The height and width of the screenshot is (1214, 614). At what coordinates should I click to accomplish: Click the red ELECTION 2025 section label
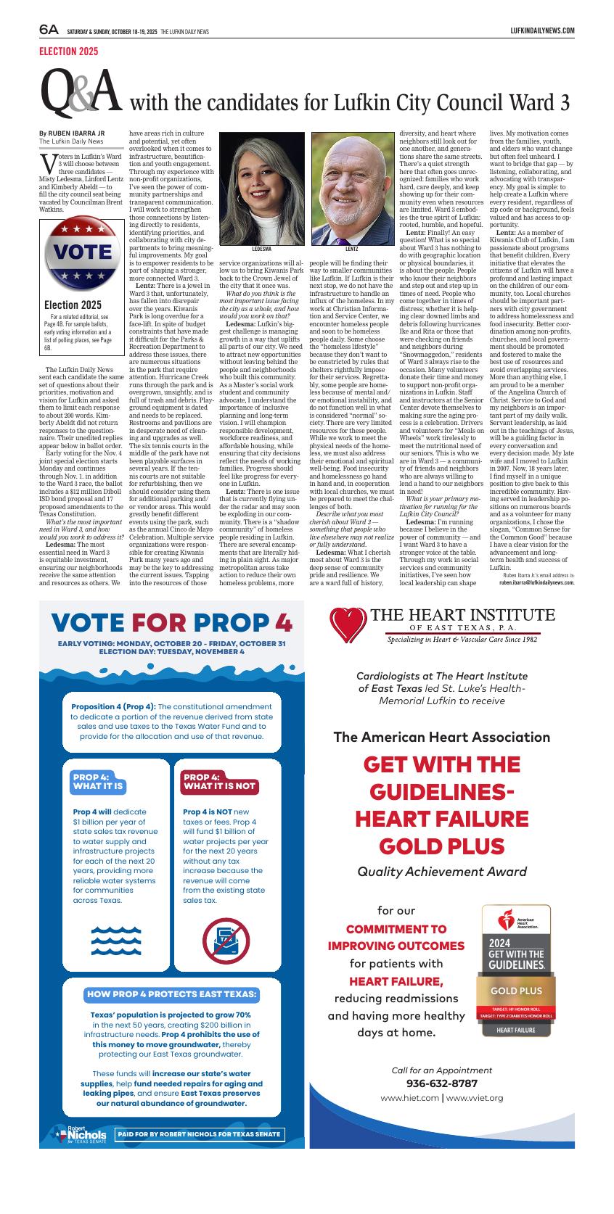68,51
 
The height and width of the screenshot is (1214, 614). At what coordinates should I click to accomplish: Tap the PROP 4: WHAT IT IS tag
98,781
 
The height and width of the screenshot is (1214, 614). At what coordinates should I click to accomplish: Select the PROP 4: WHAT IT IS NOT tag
219,781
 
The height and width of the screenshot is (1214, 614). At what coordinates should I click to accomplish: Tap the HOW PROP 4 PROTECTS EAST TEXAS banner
171,994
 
